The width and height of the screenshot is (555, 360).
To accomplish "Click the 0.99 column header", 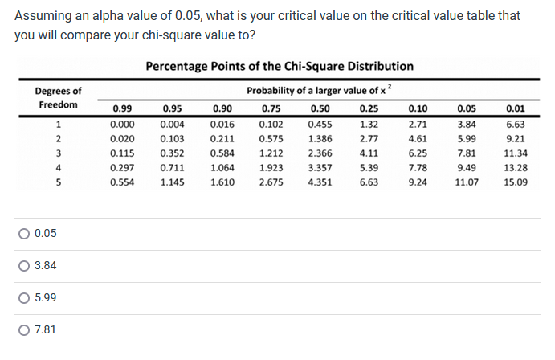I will click(x=122, y=106).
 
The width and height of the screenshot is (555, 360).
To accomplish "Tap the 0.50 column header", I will click(x=320, y=106).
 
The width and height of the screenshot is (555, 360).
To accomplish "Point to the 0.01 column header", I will click(x=515, y=106).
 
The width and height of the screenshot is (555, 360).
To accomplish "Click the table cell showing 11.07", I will click(x=466, y=182).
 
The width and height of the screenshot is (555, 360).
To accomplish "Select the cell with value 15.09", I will click(x=515, y=182).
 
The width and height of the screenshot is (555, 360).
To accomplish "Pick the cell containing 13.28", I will click(x=515, y=168).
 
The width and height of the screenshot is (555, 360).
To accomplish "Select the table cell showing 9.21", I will click(x=515, y=139).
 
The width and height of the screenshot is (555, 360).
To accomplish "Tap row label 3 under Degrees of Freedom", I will click(x=58, y=153).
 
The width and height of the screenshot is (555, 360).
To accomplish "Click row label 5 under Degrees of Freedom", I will click(x=58, y=182).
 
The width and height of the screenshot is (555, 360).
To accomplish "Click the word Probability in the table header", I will click(x=274, y=90).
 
